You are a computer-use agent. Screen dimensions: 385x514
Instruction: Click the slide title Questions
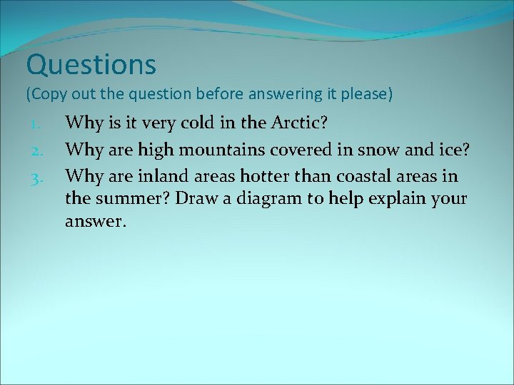91,66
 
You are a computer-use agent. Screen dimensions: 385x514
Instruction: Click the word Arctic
299,123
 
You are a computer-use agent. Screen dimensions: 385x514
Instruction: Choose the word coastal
361,176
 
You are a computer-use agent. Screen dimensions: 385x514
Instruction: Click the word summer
135,199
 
